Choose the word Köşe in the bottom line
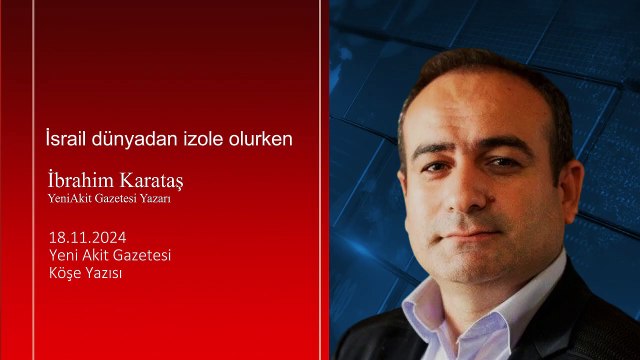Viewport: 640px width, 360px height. click(64, 273)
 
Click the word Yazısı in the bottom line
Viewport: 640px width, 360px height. click(103, 273)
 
